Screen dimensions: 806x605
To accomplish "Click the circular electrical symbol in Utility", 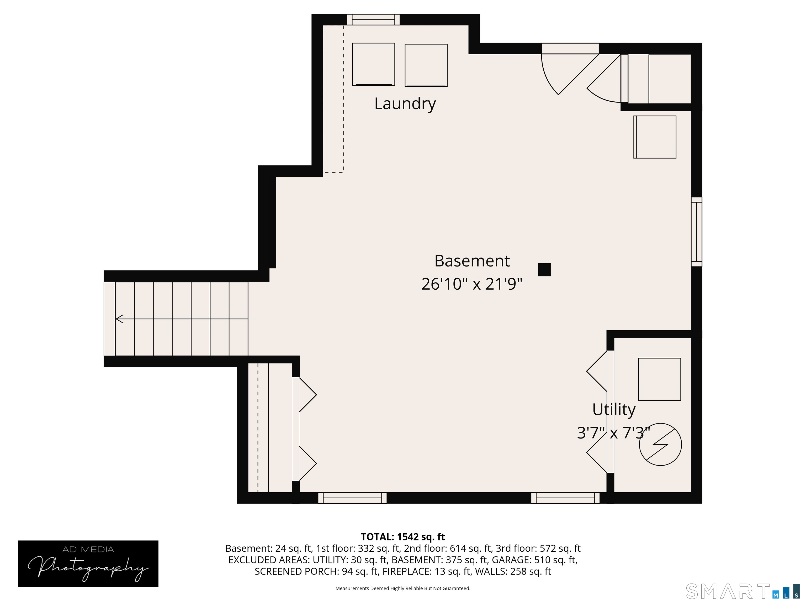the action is [660, 444].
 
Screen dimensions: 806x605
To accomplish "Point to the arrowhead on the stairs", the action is [120, 319].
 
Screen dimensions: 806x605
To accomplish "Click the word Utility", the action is [614, 410].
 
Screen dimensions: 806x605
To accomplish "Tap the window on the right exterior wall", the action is [696, 232].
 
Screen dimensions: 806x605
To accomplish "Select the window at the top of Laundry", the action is [373, 20].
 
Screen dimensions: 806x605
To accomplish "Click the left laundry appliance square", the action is [374, 65].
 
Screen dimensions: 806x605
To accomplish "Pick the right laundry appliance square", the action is [426, 65].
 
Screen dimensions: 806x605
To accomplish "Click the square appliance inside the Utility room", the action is [660, 379].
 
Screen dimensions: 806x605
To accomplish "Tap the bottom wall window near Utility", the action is [565, 498].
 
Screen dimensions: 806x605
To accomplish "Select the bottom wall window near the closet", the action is [352, 498].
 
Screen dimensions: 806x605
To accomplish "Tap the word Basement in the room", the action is [472, 261].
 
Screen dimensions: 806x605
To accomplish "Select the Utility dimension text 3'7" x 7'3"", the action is [614, 433].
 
